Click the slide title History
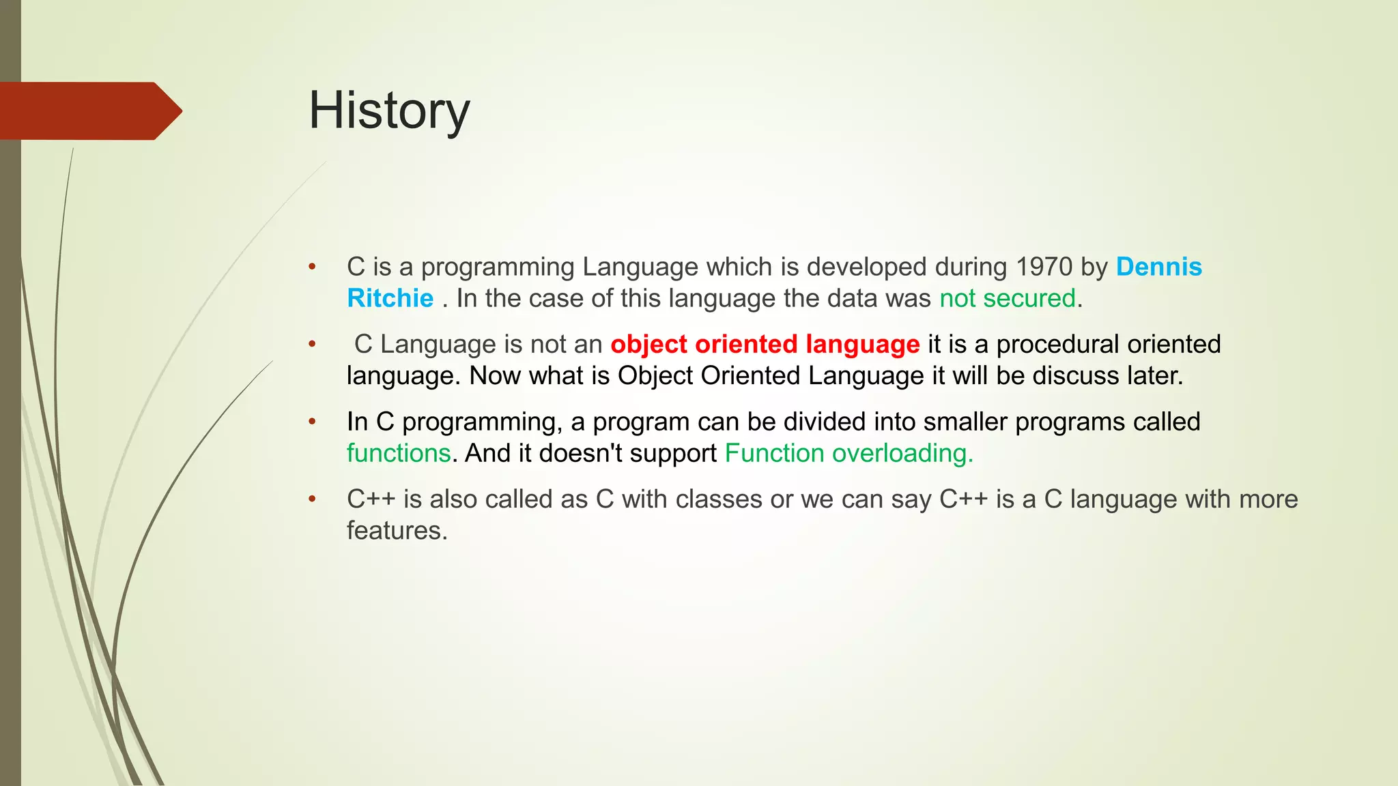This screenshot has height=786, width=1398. (389, 111)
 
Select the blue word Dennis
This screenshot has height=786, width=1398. (1158, 267)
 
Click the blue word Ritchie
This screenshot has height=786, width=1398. (390, 298)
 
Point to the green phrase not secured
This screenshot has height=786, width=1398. (1007, 298)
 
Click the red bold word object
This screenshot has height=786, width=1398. (648, 345)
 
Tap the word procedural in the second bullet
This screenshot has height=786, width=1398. (1057, 344)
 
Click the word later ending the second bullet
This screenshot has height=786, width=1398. (1154, 376)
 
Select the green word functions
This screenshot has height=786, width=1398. (399, 453)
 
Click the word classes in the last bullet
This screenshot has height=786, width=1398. (719, 499)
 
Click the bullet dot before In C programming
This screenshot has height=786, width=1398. (312, 422)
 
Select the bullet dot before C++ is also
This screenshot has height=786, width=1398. (312, 499)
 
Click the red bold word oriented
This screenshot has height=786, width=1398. (745, 345)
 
